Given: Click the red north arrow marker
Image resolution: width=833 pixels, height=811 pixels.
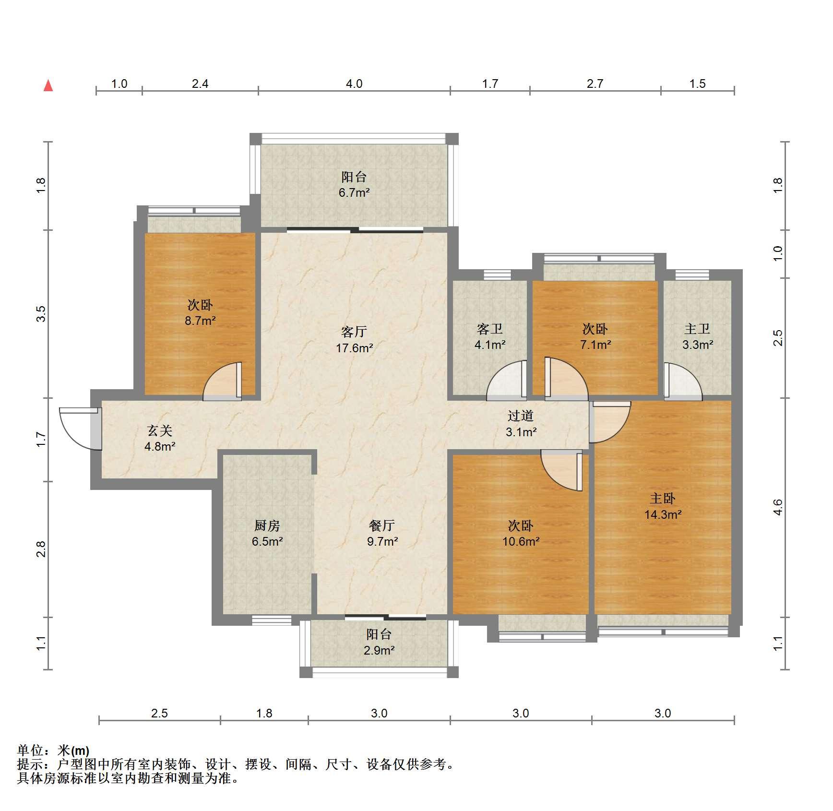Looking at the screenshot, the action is click(x=48, y=85).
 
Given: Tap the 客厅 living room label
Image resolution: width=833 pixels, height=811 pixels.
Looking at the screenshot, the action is click(x=354, y=332).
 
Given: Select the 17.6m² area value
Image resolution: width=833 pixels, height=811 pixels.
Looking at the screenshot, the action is click(x=354, y=348).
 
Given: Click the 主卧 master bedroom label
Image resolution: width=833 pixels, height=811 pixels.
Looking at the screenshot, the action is click(x=663, y=499).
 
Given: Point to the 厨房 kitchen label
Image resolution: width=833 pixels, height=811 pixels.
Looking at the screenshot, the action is click(x=267, y=526).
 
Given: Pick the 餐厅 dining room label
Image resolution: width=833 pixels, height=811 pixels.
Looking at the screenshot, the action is click(x=382, y=525).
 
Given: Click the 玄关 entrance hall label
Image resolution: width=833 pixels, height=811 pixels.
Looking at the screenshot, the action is click(x=160, y=431).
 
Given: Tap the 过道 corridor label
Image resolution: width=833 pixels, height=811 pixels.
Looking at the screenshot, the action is click(x=521, y=416).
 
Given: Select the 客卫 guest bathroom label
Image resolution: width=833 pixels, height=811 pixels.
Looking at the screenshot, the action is click(x=490, y=329).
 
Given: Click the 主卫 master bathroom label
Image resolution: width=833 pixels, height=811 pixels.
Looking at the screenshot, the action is click(x=697, y=329).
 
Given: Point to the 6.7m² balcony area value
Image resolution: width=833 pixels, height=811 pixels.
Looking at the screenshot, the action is click(x=354, y=193).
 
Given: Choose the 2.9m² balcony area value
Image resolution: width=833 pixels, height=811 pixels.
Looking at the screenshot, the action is click(x=379, y=651).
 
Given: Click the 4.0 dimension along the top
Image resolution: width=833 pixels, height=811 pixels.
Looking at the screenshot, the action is click(x=354, y=84).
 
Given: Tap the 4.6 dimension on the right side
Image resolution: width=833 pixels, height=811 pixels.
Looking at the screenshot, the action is click(x=778, y=507).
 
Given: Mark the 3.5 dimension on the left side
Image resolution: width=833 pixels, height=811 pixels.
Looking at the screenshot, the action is click(x=42, y=314).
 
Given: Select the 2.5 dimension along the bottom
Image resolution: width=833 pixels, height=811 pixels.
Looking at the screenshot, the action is click(x=159, y=714).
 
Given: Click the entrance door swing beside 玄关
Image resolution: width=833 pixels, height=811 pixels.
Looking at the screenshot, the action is click(x=80, y=429).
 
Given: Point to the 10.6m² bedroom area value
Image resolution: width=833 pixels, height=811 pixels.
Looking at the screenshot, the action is click(x=521, y=542).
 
